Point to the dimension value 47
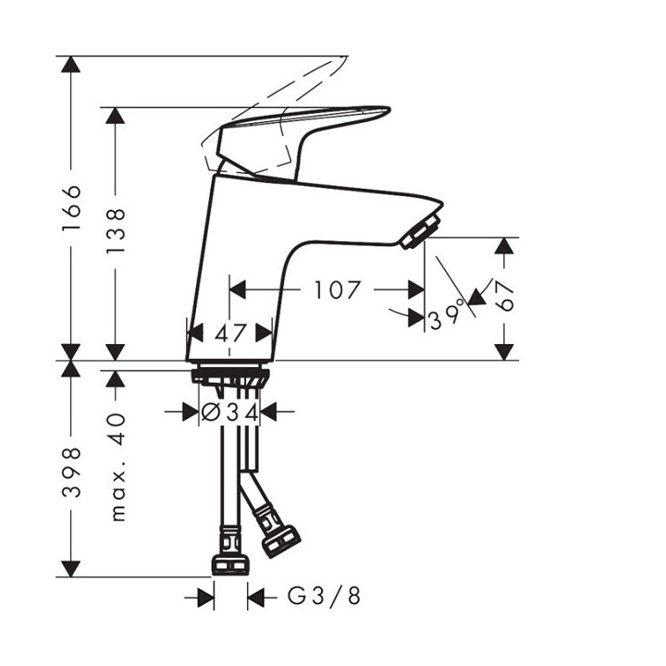point(229,332)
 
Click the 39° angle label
point(446,318)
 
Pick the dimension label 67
point(506,299)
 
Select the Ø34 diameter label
point(229,411)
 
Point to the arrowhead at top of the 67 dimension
point(504,247)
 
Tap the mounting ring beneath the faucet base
point(229,376)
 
